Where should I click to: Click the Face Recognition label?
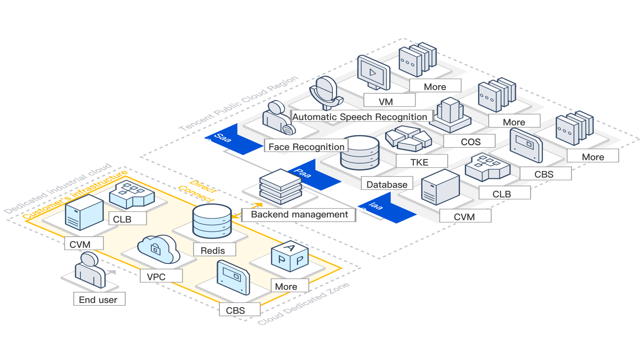[306, 147]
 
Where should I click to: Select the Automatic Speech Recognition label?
[360, 117]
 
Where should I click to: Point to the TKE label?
[419, 162]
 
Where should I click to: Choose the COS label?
[470, 142]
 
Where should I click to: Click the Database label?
[387, 184]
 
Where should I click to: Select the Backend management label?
[299, 214]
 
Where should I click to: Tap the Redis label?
[213, 250]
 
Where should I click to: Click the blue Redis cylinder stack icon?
[211, 220]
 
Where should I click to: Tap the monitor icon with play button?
[373, 74]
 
